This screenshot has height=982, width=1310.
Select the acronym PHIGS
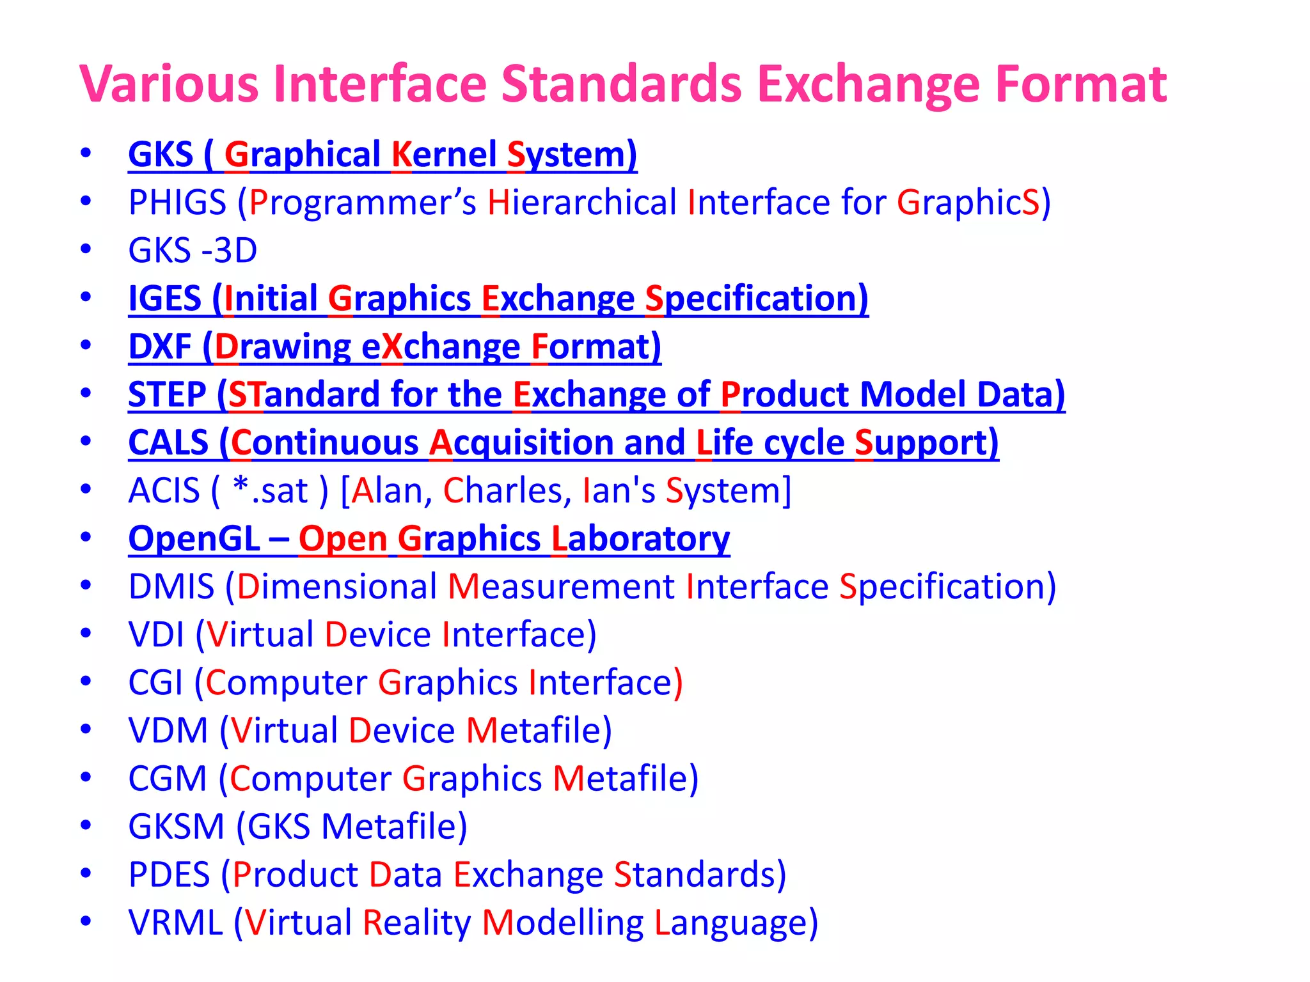pyautogui.click(x=177, y=203)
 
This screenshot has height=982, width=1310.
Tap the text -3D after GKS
pyautogui.click(x=229, y=251)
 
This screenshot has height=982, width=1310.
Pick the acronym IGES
pyautogui.click(x=164, y=299)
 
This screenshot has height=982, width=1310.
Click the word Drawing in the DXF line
pyautogui.click(x=282, y=347)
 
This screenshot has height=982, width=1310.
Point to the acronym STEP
pyautogui.click(x=167, y=394)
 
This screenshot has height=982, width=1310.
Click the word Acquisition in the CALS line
pyautogui.click(x=521, y=442)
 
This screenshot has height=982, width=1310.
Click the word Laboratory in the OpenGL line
pyautogui.click(x=640, y=539)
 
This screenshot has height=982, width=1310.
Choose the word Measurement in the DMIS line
pyautogui.click(x=561, y=586)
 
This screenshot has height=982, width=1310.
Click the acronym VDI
pyautogui.click(x=156, y=635)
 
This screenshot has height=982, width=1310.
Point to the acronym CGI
pyautogui.click(x=155, y=683)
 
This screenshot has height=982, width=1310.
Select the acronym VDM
pyautogui.click(x=168, y=731)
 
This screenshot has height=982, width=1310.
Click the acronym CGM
pyautogui.click(x=167, y=779)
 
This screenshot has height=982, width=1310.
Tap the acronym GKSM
pyautogui.click(x=176, y=827)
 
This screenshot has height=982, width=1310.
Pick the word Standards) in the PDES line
pyautogui.click(x=700, y=875)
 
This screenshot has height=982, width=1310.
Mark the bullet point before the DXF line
pyautogui.click(x=86, y=345)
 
